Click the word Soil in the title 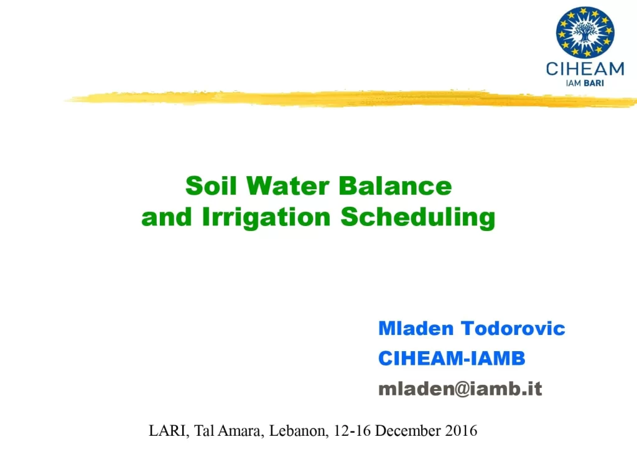click(211, 186)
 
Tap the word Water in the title click(287, 186)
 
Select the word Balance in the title click(395, 186)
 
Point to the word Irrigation click(266, 217)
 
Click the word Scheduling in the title click(417, 217)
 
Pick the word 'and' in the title click(167, 217)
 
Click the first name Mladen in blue click(416, 329)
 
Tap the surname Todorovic click(513, 329)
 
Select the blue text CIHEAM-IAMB click(452, 359)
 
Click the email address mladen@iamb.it click(460, 389)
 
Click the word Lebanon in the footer click(299, 431)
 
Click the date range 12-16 click(352, 431)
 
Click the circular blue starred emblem click(585, 32)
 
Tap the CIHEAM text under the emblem click(585, 69)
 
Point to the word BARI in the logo click(593, 83)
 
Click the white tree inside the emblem click(585, 32)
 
